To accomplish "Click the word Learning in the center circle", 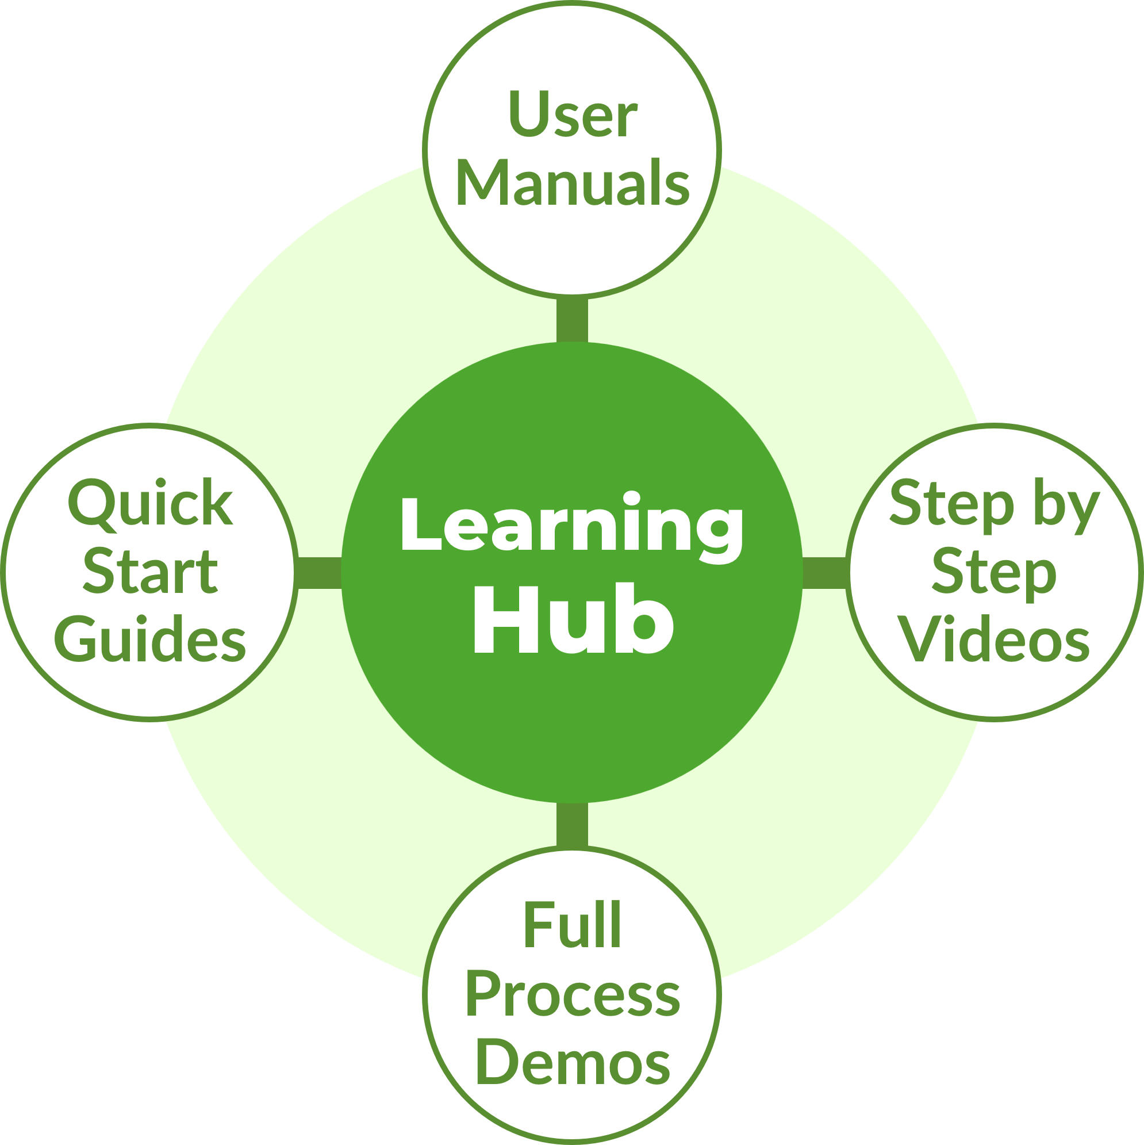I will pos(571,525).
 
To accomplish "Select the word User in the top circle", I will pos(573,115).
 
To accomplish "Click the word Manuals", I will pos(573,183).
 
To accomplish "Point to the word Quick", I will pos(150,504).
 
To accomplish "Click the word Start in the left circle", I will pos(150,572).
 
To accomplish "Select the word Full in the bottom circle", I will pos(573,926).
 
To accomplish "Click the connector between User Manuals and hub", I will pos(573,319).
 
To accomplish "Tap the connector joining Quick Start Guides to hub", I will pos(318,573).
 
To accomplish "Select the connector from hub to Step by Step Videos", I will pos(825,573).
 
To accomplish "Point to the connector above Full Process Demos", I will pos(573,825).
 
